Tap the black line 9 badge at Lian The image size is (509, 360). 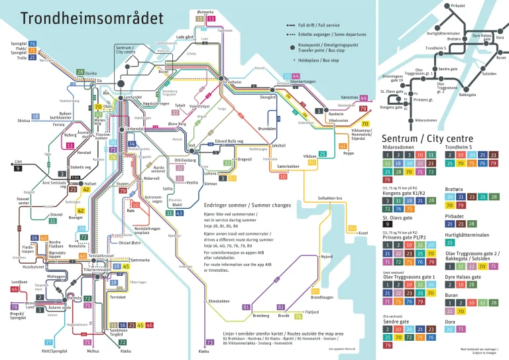pos(17,168)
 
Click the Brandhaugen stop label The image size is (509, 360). pos(317,298)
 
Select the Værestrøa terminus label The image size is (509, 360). pos(344,97)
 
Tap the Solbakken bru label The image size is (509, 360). pos(329,198)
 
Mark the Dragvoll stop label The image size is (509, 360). pos(245,159)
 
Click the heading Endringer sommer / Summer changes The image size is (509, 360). pos(247,206)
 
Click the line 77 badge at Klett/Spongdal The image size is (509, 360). pos(48,342)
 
